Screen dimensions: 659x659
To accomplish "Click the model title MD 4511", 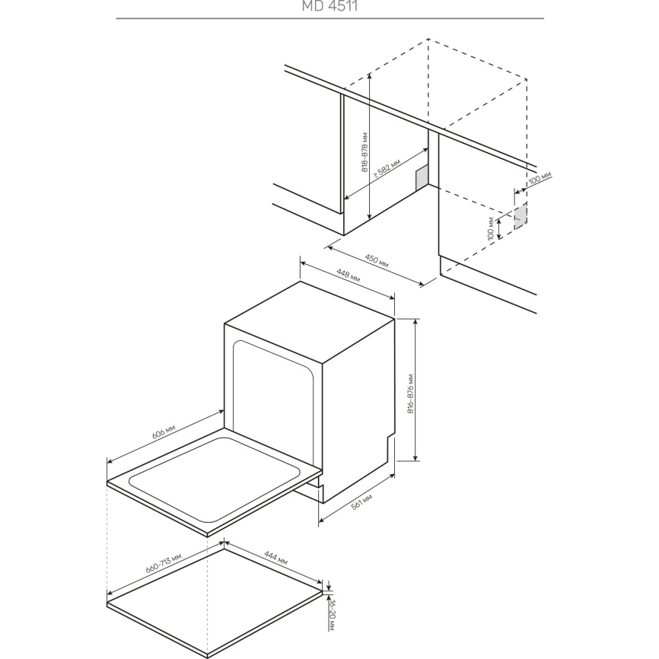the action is click(330, 6).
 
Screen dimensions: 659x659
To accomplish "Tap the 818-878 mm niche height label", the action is click(365, 151).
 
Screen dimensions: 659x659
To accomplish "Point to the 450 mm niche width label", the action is click(377, 261).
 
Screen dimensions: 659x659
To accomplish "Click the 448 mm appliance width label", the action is click(349, 275).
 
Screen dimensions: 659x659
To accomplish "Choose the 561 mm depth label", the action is click(362, 501).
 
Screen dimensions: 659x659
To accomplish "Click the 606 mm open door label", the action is click(163, 432).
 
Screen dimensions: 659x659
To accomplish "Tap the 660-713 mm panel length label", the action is click(164, 563).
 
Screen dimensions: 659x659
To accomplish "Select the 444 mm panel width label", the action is click(275, 558).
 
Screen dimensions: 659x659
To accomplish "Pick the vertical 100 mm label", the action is click(491, 228).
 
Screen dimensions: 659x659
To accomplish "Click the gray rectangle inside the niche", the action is click(422, 177).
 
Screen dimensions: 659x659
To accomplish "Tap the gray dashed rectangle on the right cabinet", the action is click(521, 216).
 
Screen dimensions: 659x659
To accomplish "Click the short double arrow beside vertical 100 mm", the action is click(499, 228).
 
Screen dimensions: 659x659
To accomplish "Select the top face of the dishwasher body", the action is click(310, 321).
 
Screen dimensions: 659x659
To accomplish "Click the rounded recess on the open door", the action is click(215, 479).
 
